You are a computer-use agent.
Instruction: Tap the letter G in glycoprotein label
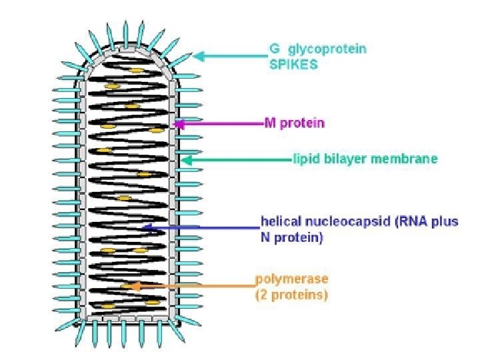[x=273, y=48]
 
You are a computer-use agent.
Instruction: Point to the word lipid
[x=305, y=159]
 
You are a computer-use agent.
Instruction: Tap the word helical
[x=279, y=221]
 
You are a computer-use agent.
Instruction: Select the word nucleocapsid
[x=335, y=221]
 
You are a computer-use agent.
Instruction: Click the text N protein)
[x=291, y=237]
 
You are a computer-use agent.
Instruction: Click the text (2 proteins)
[x=291, y=295]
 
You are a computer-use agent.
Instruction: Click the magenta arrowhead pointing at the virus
[x=177, y=123]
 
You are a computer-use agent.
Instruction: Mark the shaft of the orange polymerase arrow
[x=193, y=286]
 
